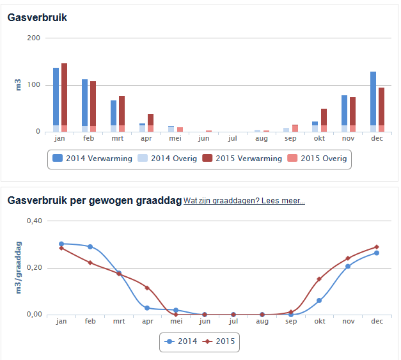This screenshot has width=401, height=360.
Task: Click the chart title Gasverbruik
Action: pos(37,17)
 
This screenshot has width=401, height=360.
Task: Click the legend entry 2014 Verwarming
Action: pos(92,159)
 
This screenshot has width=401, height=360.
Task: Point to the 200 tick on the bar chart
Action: pos(34,38)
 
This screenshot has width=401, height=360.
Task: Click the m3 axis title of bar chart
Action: pos(18,84)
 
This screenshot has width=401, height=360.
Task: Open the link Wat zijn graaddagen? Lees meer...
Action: pos(244,201)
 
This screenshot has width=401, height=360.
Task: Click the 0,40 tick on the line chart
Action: pos(33,221)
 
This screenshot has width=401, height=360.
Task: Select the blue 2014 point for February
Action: pos(90,247)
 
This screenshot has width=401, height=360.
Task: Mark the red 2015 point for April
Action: pos(147,288)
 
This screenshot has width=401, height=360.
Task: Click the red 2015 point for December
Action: pos(377,247)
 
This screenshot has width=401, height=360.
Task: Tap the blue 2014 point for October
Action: pos(319,301)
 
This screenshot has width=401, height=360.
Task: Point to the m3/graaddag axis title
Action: pos(18,267)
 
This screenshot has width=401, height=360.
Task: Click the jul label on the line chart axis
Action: pos(233,321)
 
